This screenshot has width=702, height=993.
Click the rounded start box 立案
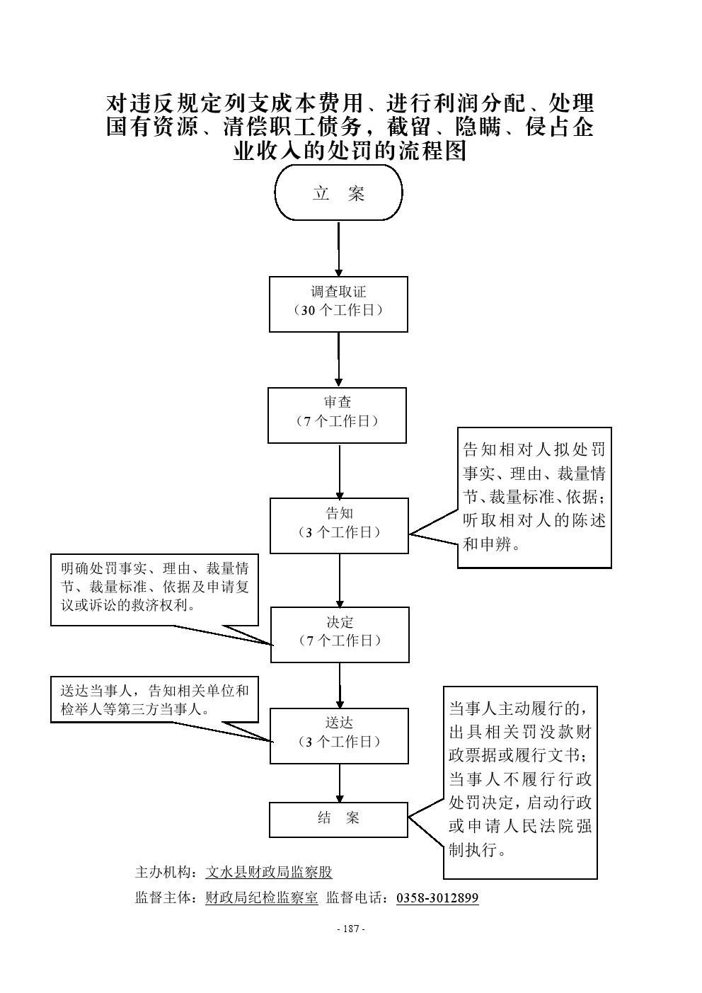tap(338, 193)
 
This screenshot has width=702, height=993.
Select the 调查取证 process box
tap(338, 304)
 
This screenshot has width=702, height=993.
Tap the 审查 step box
tap(337, 415)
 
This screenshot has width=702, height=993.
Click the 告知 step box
tap(339, 525)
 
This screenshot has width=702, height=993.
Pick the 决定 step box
tap(340, 634)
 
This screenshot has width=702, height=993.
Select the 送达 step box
tap(339, 735)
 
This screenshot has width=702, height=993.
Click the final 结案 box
tap(338, 819)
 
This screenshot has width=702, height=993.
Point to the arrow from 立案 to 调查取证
tap(339, 248)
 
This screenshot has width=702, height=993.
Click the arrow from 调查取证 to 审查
tap(338, 360)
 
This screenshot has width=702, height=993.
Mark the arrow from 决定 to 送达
tap(340, 685)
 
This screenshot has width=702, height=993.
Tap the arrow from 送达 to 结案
tap(340, 783)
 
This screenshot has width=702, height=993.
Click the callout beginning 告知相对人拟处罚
tap(534, 497)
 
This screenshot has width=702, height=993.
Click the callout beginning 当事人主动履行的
tap(520, 781)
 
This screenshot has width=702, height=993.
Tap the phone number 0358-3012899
tap(437, 898)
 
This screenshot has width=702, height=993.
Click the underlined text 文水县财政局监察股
tap(268, 872)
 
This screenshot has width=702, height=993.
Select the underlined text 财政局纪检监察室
tap(261, 898)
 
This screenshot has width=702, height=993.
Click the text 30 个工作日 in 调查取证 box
tap(338, 311)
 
